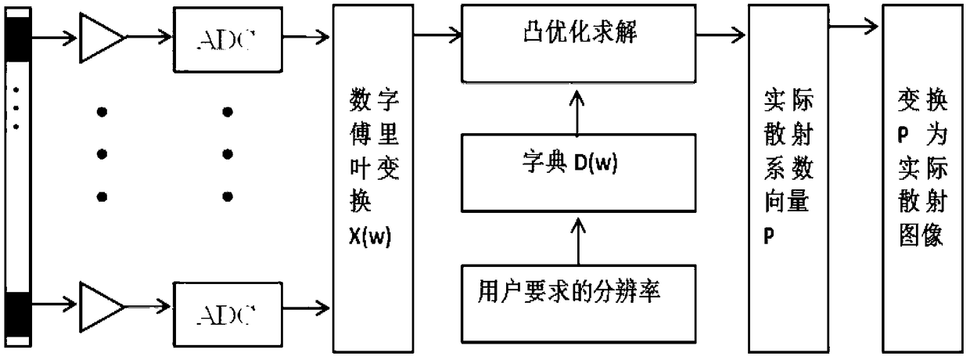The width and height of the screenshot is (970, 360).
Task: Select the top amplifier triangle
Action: click(102, 38)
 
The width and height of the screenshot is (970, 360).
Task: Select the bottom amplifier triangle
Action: click(102, 307)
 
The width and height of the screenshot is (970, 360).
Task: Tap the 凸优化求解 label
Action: click(580, 31)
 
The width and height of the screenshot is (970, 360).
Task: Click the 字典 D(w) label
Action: click(569, 163)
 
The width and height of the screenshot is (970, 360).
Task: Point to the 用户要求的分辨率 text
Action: click(569, 290)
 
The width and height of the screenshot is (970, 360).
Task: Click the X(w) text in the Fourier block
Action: click(370, 236)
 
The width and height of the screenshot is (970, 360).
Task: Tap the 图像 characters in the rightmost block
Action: click(921, 236)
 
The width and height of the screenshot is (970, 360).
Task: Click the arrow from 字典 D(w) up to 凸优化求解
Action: click(577, 113)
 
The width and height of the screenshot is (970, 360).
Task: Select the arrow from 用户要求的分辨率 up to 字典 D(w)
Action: click(579, 241)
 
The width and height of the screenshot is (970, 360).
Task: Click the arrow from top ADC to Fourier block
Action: click(306, 37)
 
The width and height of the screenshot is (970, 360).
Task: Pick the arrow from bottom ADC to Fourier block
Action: click(306, 309)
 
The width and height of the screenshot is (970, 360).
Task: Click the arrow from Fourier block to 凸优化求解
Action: click(438, 34)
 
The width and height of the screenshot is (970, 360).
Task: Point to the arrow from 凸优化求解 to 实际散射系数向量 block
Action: click(720, 34)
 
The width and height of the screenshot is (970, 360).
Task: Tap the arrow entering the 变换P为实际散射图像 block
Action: click(853, 27)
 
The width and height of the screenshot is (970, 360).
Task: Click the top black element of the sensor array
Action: click(18, 38)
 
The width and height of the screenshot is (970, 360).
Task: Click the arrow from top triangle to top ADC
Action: click(149, 37)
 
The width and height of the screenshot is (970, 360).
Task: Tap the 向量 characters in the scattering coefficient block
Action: click(787, 201)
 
